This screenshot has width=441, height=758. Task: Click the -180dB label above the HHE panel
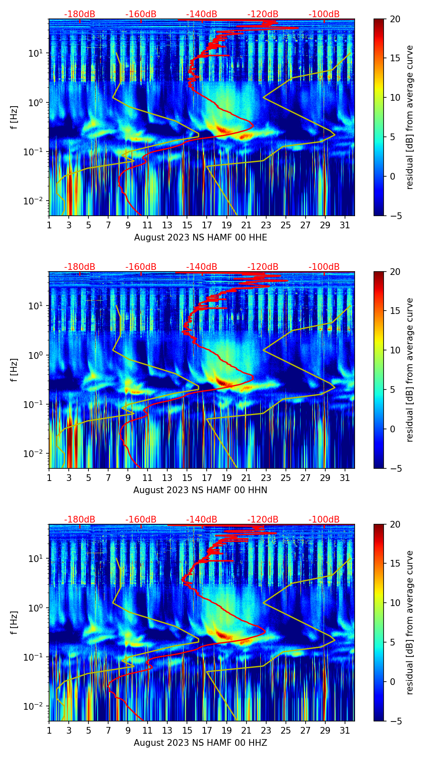[x=80, y=14]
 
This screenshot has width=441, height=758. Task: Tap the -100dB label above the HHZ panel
[x=324, y=520]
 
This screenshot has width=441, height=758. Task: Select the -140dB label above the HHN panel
[x=202, y=267]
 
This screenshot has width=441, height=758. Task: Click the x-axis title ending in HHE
[x=200, y=238]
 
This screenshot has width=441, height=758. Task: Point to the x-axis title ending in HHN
[x=200, y=490]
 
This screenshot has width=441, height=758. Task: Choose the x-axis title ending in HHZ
[x=200, y=743]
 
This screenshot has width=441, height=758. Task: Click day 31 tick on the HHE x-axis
[x=345, y=225]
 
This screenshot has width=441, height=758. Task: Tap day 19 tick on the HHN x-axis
[x=227, y=477]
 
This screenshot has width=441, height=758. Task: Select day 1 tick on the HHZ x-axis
[x=49, y=730]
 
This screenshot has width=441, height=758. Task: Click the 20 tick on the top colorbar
[x=395, y=19]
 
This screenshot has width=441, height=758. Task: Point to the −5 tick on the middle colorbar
[x=395, y=468]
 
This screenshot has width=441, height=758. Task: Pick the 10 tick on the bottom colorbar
[x=395, y=603]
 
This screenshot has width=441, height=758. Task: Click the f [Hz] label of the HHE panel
[x=14, y=118]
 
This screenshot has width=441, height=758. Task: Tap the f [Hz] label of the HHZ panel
[x=14, y=623]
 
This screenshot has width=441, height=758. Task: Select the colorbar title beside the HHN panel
[x=410, y=370]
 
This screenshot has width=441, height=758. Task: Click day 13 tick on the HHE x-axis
[x=168, y=225]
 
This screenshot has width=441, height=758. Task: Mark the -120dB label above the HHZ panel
[x=263, y=520]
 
